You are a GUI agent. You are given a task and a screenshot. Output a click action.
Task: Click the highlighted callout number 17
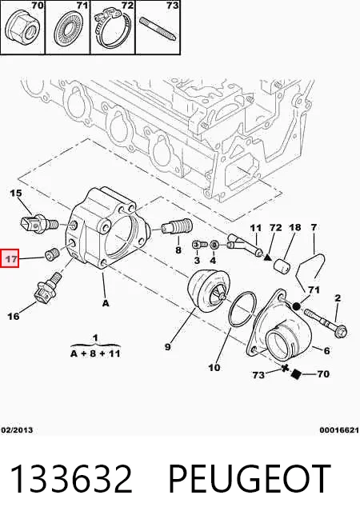pyautogui.click(x=10, y=258)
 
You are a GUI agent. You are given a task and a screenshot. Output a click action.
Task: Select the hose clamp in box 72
pyautogui.click(x=111, y=30)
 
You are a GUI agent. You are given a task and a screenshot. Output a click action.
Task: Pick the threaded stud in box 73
pyautogui.click(x=157, y=28)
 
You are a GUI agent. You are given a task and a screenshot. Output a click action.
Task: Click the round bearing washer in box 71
pyautogui.click(x=67, y=30)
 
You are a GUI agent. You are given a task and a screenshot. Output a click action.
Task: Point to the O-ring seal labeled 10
pyautogui.click(x=242, y=309)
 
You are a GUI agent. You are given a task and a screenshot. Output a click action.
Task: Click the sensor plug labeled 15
pyautogui.click(x=38, y=223)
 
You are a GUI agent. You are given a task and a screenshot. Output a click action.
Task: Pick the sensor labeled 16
pyautogui.click(x=47, y=288)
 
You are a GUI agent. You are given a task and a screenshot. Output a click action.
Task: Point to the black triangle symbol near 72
pyautogui.click(x=267, y=257)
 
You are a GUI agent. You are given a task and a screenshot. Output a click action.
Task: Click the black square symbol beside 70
pyautogui.click(x=295, y=374)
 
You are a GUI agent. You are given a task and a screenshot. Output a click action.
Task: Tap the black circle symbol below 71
pyautogui.click(x=296, y=305)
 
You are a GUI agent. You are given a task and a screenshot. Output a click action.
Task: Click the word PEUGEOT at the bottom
pyautogui.click(x=250, y=479)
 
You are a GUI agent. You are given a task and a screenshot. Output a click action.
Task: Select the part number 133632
pyautogui.click(x=71, y=479)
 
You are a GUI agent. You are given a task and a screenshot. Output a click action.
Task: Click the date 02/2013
pyautogui.click(x=17, y=430)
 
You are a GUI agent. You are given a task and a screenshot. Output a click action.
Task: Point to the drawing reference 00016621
pyautogui.click(x=339, y=430)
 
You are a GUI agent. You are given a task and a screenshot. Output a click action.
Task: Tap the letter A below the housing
pyautogui.click(x=106, y=303)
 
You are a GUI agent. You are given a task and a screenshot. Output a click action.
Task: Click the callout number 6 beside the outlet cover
pyautogui.click(x=326, y=350)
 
